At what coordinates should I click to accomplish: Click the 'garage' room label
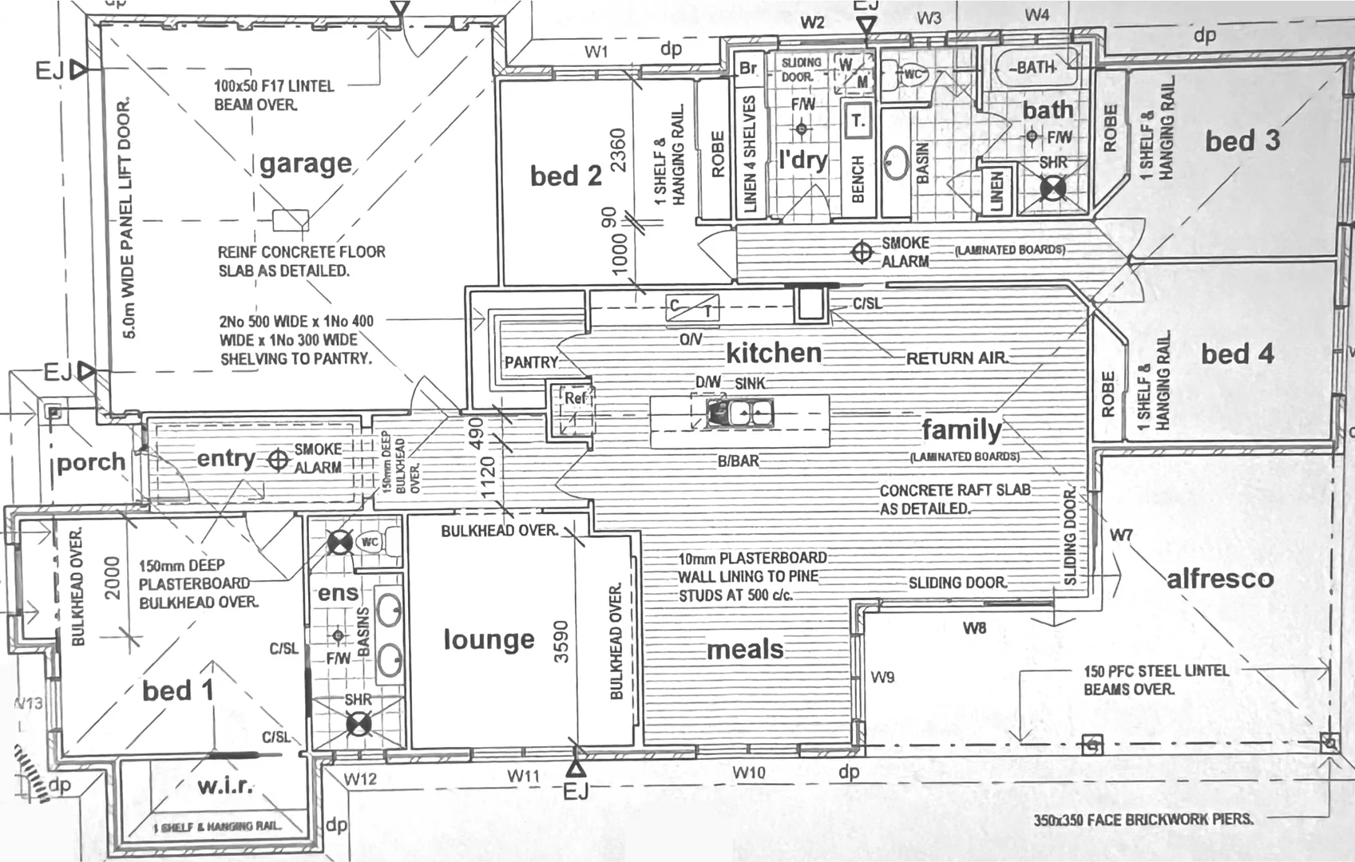pos(306,164)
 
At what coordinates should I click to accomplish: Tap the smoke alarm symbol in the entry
pos(278,461)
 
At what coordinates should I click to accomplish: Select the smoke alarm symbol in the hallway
pos(862,252)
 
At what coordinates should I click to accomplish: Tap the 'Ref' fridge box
pos(573,398)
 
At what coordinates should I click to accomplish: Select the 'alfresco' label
pos(1220,579)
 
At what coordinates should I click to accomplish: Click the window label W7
pos(1121,535)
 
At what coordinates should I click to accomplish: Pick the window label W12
pos(360,778)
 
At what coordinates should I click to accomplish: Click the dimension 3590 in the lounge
pos(561,641)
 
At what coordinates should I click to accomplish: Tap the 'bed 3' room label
pos(1242,141)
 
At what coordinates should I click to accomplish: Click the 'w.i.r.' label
pos(225,786)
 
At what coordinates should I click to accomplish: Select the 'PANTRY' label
pos(531,362)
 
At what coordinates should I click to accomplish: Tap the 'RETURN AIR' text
pos(957,358)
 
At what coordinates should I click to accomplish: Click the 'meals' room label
pos(745,650)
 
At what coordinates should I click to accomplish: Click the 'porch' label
pos(91,462)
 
